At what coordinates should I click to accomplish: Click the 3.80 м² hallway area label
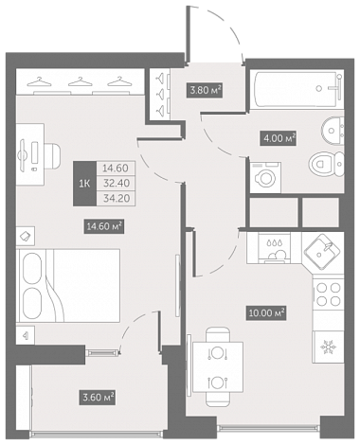(205, 90)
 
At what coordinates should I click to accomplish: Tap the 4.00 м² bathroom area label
(278, 138)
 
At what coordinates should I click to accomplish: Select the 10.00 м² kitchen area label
(267, 313)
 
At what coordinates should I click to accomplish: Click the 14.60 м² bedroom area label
(103, 226)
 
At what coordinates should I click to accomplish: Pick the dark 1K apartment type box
(84, 184)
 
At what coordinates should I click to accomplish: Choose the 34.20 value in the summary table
(116, 199)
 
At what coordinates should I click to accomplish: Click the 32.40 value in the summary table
(116, 184)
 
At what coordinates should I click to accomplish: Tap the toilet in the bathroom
(326, 164)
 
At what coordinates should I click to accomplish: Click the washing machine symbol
(265, 178)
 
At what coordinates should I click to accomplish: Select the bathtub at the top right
(297, 89)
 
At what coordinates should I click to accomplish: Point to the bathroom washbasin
(333, 131)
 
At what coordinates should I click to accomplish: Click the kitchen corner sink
(322, 252)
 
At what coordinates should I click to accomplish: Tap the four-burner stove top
(328, 294)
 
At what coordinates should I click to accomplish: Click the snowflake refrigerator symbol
(328, 347)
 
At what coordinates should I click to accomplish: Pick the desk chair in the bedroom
(52, 155)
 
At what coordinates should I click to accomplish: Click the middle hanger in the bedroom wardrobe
(80, 81)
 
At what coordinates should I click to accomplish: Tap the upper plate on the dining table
(218, 353)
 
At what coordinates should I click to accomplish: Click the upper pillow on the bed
(31, 268)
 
